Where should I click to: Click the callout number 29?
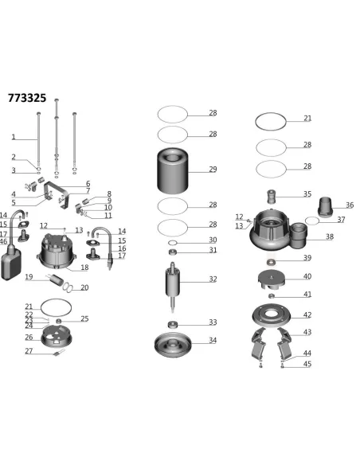[213, 169]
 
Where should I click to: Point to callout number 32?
[213, 279]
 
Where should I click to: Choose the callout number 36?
[349, 205]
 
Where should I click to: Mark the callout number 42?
[307, 315]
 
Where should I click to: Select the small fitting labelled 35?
[272, 196]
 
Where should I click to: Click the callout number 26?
[29, 337]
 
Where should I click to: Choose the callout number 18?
[85, 268]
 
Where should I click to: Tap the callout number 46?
[4, 241]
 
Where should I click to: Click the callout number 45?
[307, 364]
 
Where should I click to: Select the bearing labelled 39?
[272, 261]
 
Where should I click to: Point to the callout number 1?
[13, 137]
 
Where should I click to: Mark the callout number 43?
[307, 332]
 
